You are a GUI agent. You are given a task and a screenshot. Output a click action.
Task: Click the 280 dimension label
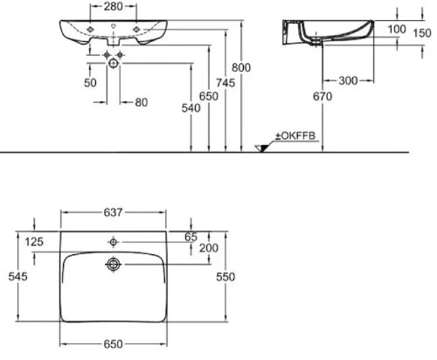click(114, 6)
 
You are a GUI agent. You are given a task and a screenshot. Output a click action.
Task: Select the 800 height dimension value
click(241, 67)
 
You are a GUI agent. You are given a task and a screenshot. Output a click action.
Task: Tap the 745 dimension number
click(225, 83)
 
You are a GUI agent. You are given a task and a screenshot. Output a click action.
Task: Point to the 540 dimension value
click(191, 108)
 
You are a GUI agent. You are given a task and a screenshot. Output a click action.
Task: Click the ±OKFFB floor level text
click(295, 135)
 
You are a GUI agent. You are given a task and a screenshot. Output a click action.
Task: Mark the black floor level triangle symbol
click(262, 149)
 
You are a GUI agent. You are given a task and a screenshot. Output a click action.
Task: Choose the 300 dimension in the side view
click(348, 80)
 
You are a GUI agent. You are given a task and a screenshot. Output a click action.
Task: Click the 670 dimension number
click(323, 96)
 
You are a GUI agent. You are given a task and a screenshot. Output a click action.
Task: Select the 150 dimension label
click(422, 33)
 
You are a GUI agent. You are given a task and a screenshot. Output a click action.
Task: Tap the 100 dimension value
click(397, 29)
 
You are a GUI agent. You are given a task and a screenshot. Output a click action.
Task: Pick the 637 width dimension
click(113, 212)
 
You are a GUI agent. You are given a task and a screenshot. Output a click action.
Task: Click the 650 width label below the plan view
click(113, 344)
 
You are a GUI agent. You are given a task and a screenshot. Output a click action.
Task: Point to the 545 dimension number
click(18, 276)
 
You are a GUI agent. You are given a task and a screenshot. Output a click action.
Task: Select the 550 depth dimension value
click(225, 277)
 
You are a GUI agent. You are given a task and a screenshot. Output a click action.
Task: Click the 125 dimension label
click(34, 241)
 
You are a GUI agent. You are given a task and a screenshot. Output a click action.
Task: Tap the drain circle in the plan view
click(114, 264)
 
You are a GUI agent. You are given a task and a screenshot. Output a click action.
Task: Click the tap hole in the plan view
click(114, 242)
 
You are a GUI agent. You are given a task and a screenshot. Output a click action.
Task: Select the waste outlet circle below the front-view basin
click(114, 63)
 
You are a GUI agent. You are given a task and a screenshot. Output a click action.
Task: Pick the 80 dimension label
click(142, 102)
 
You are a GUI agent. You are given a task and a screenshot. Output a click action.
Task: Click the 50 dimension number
click(90, 83)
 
